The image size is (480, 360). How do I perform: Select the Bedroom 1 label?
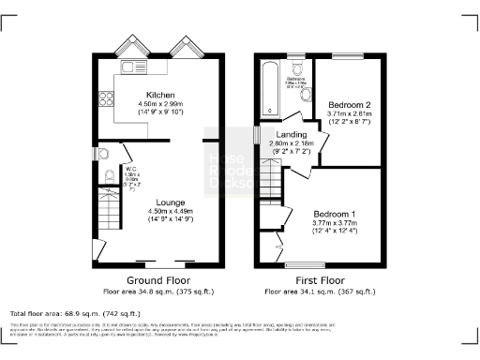tap(335, 214)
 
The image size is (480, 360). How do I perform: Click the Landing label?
tap(285, 136)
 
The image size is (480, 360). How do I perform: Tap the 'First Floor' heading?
tap(319, 279)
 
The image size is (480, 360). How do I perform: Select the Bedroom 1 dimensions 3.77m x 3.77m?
tap(335, 223)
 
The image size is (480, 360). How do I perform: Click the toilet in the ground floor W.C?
tap(109, 175)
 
